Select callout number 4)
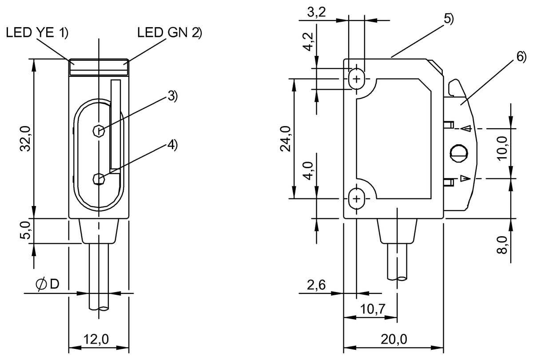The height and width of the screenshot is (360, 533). [172, 145]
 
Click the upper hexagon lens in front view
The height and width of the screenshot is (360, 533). [99, 131]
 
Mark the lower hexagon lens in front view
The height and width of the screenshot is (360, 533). [99, 179]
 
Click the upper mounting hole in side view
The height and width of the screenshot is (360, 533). [356, 79]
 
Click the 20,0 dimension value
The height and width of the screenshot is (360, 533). [394, 340]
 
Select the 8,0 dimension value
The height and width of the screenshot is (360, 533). [502, 245]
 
